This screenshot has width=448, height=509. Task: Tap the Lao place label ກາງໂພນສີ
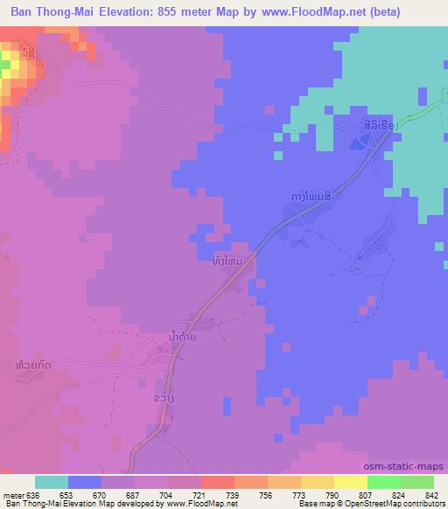coord(303,199)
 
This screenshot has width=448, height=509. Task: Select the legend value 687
coord(131,495)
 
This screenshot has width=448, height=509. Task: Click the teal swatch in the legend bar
coord(52,483)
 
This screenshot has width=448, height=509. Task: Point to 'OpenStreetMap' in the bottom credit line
coord(368,504)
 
